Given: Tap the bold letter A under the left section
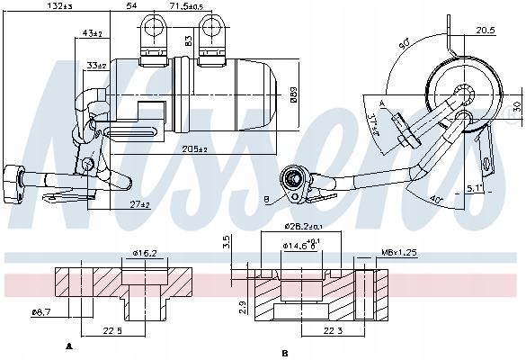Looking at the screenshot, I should (x=69, y=346).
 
